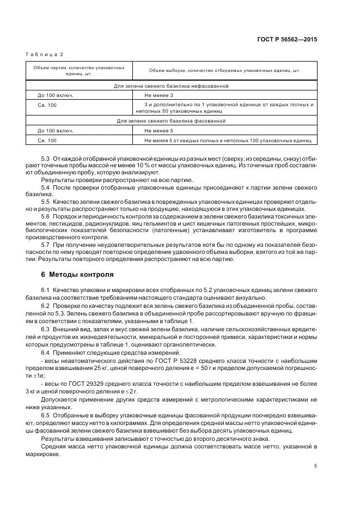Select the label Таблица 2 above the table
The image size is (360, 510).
45,54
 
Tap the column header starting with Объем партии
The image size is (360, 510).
76,70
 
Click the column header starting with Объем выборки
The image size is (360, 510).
224,70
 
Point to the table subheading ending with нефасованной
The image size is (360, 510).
171,86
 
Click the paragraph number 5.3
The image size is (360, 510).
46,158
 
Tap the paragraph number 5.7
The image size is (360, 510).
46,245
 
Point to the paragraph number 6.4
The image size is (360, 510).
46,353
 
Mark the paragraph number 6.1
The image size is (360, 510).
46,288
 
